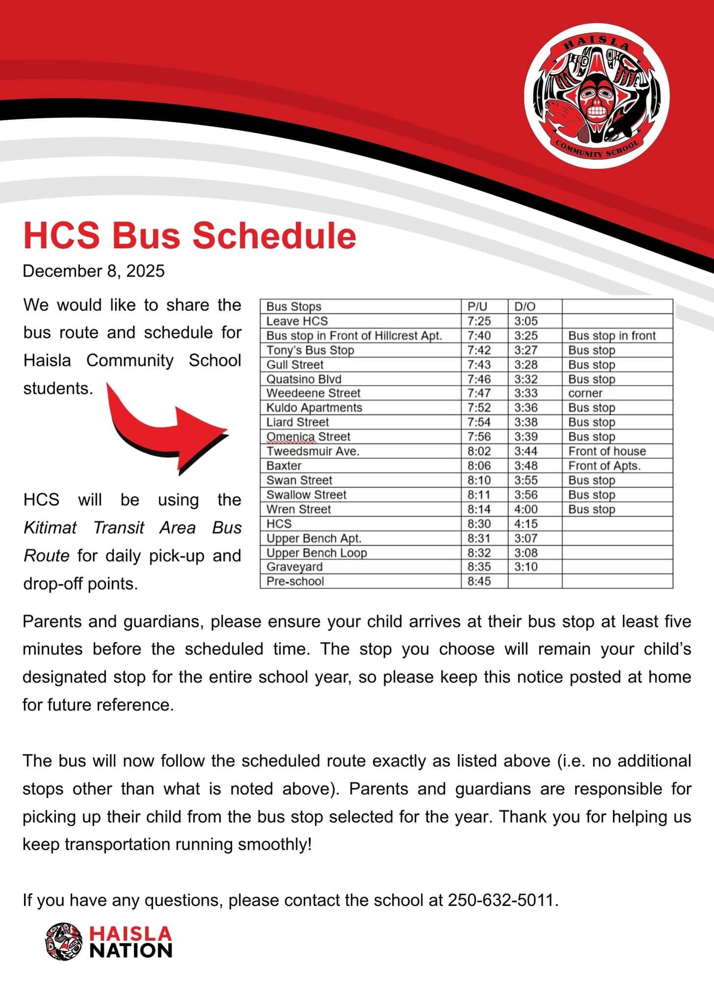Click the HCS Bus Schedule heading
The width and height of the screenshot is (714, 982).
point(190,236)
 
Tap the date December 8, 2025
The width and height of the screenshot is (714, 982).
point(94,271)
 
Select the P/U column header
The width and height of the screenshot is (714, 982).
point(477,307)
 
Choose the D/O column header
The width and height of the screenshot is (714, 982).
point(525,307)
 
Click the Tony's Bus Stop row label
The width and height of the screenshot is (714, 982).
point(310,350)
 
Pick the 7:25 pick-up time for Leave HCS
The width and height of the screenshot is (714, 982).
point(479,321)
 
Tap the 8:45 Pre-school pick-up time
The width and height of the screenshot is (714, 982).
point(479,581)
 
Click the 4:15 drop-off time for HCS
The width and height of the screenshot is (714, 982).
point(526,523)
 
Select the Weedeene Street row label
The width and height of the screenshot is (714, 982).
point(313,393)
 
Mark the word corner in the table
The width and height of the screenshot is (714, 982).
point(585,393)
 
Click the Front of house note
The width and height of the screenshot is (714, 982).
point(607,451)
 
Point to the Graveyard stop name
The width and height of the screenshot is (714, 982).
point(295,567)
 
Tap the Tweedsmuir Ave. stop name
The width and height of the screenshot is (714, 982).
point(313,451)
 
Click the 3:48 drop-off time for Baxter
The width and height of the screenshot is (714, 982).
point(526,465)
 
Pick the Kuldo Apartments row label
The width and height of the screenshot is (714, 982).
point(314,408)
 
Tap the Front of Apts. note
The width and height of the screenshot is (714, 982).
point(604,465)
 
